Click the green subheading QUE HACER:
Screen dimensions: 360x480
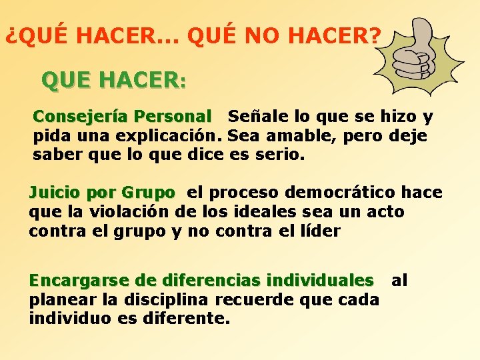[x=114, y=81]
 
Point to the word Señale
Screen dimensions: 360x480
[x=253, y=117]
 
